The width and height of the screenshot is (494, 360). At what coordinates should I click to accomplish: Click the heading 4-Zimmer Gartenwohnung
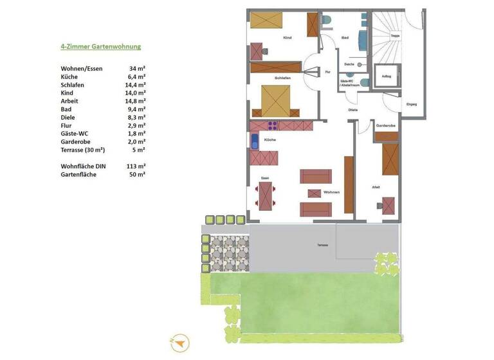(x=100, y=47)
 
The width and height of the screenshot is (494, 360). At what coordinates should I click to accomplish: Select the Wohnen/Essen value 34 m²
(x=136, y=68)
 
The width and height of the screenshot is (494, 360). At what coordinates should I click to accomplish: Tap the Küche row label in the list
(x=69, y=76)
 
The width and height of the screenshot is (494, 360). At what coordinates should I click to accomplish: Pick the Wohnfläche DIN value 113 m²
(x=134, y=166)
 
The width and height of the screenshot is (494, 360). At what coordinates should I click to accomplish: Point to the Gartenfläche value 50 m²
(x=136, y=174)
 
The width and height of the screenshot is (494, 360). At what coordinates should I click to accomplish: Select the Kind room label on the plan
(x=287, y=38)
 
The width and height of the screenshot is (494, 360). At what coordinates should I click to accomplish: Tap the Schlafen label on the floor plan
(x=282, y=78)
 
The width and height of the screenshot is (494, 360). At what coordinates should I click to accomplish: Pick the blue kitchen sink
(x=255, y=142)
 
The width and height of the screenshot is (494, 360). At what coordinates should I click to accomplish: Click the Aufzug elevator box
(x=387, y=76)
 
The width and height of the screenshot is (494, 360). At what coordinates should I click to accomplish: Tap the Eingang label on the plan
(x=412, y=104)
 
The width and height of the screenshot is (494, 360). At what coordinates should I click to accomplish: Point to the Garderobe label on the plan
(x=385, y=125)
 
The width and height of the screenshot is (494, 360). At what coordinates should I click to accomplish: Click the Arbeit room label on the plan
(x=375, y=187)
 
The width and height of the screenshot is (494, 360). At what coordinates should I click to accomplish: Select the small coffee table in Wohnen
(x=315, y=193)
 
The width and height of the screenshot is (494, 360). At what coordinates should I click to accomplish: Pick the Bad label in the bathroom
(x=345, y=38)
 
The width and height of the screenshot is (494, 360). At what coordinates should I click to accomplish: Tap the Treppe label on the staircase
(x=395, y=36)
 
